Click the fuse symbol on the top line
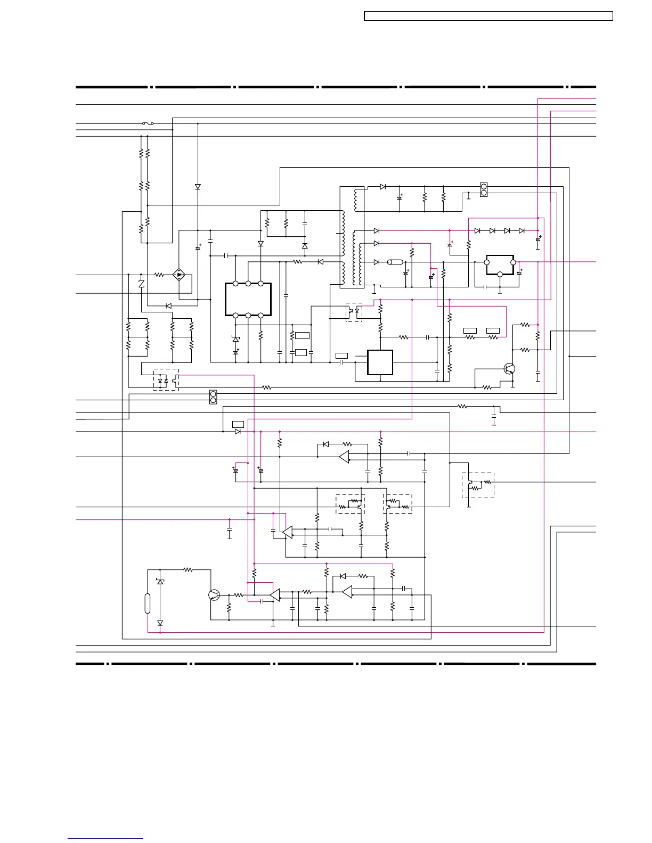click(x=148, y=123)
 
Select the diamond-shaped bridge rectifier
click(x=180, y=275)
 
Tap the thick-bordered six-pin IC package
click(x=248, y=300)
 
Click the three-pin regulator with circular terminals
click(x=500, y=265)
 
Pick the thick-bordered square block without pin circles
click(x=380, y=362)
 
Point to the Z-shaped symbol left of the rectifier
click(x=141, y=283)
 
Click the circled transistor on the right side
click(x=510, y=369)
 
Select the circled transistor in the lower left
click(x=215, y=595)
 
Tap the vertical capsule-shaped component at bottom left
click(x=148, y=604)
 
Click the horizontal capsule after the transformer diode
click(x=395, y=262)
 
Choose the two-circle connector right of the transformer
click(x=484, y=189)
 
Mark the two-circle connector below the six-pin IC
click(x=214, y=396)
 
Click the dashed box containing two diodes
click(x=166, y=380)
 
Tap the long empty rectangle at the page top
click(x=488, y=16)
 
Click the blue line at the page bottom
click(x=105, y=838)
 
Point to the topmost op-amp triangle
click(x=345, y=457)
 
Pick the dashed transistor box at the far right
click(x=478, y=485)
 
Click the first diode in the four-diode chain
click(x=477, y=231)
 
